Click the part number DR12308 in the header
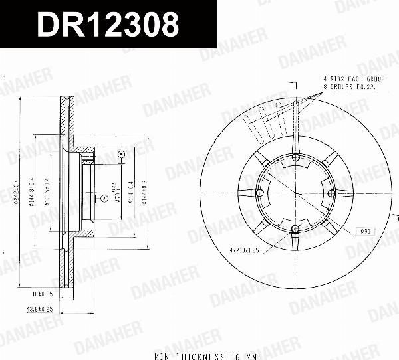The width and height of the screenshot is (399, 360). point(108,25)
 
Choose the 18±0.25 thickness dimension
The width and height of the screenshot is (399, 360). point(41,293)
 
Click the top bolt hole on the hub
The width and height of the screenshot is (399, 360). point(295,158)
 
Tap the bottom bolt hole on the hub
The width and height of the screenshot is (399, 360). point(295,230)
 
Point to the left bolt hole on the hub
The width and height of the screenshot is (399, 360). point(259,193)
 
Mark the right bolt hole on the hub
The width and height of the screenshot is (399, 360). point(331,193)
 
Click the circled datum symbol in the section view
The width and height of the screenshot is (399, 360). point(121,154)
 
